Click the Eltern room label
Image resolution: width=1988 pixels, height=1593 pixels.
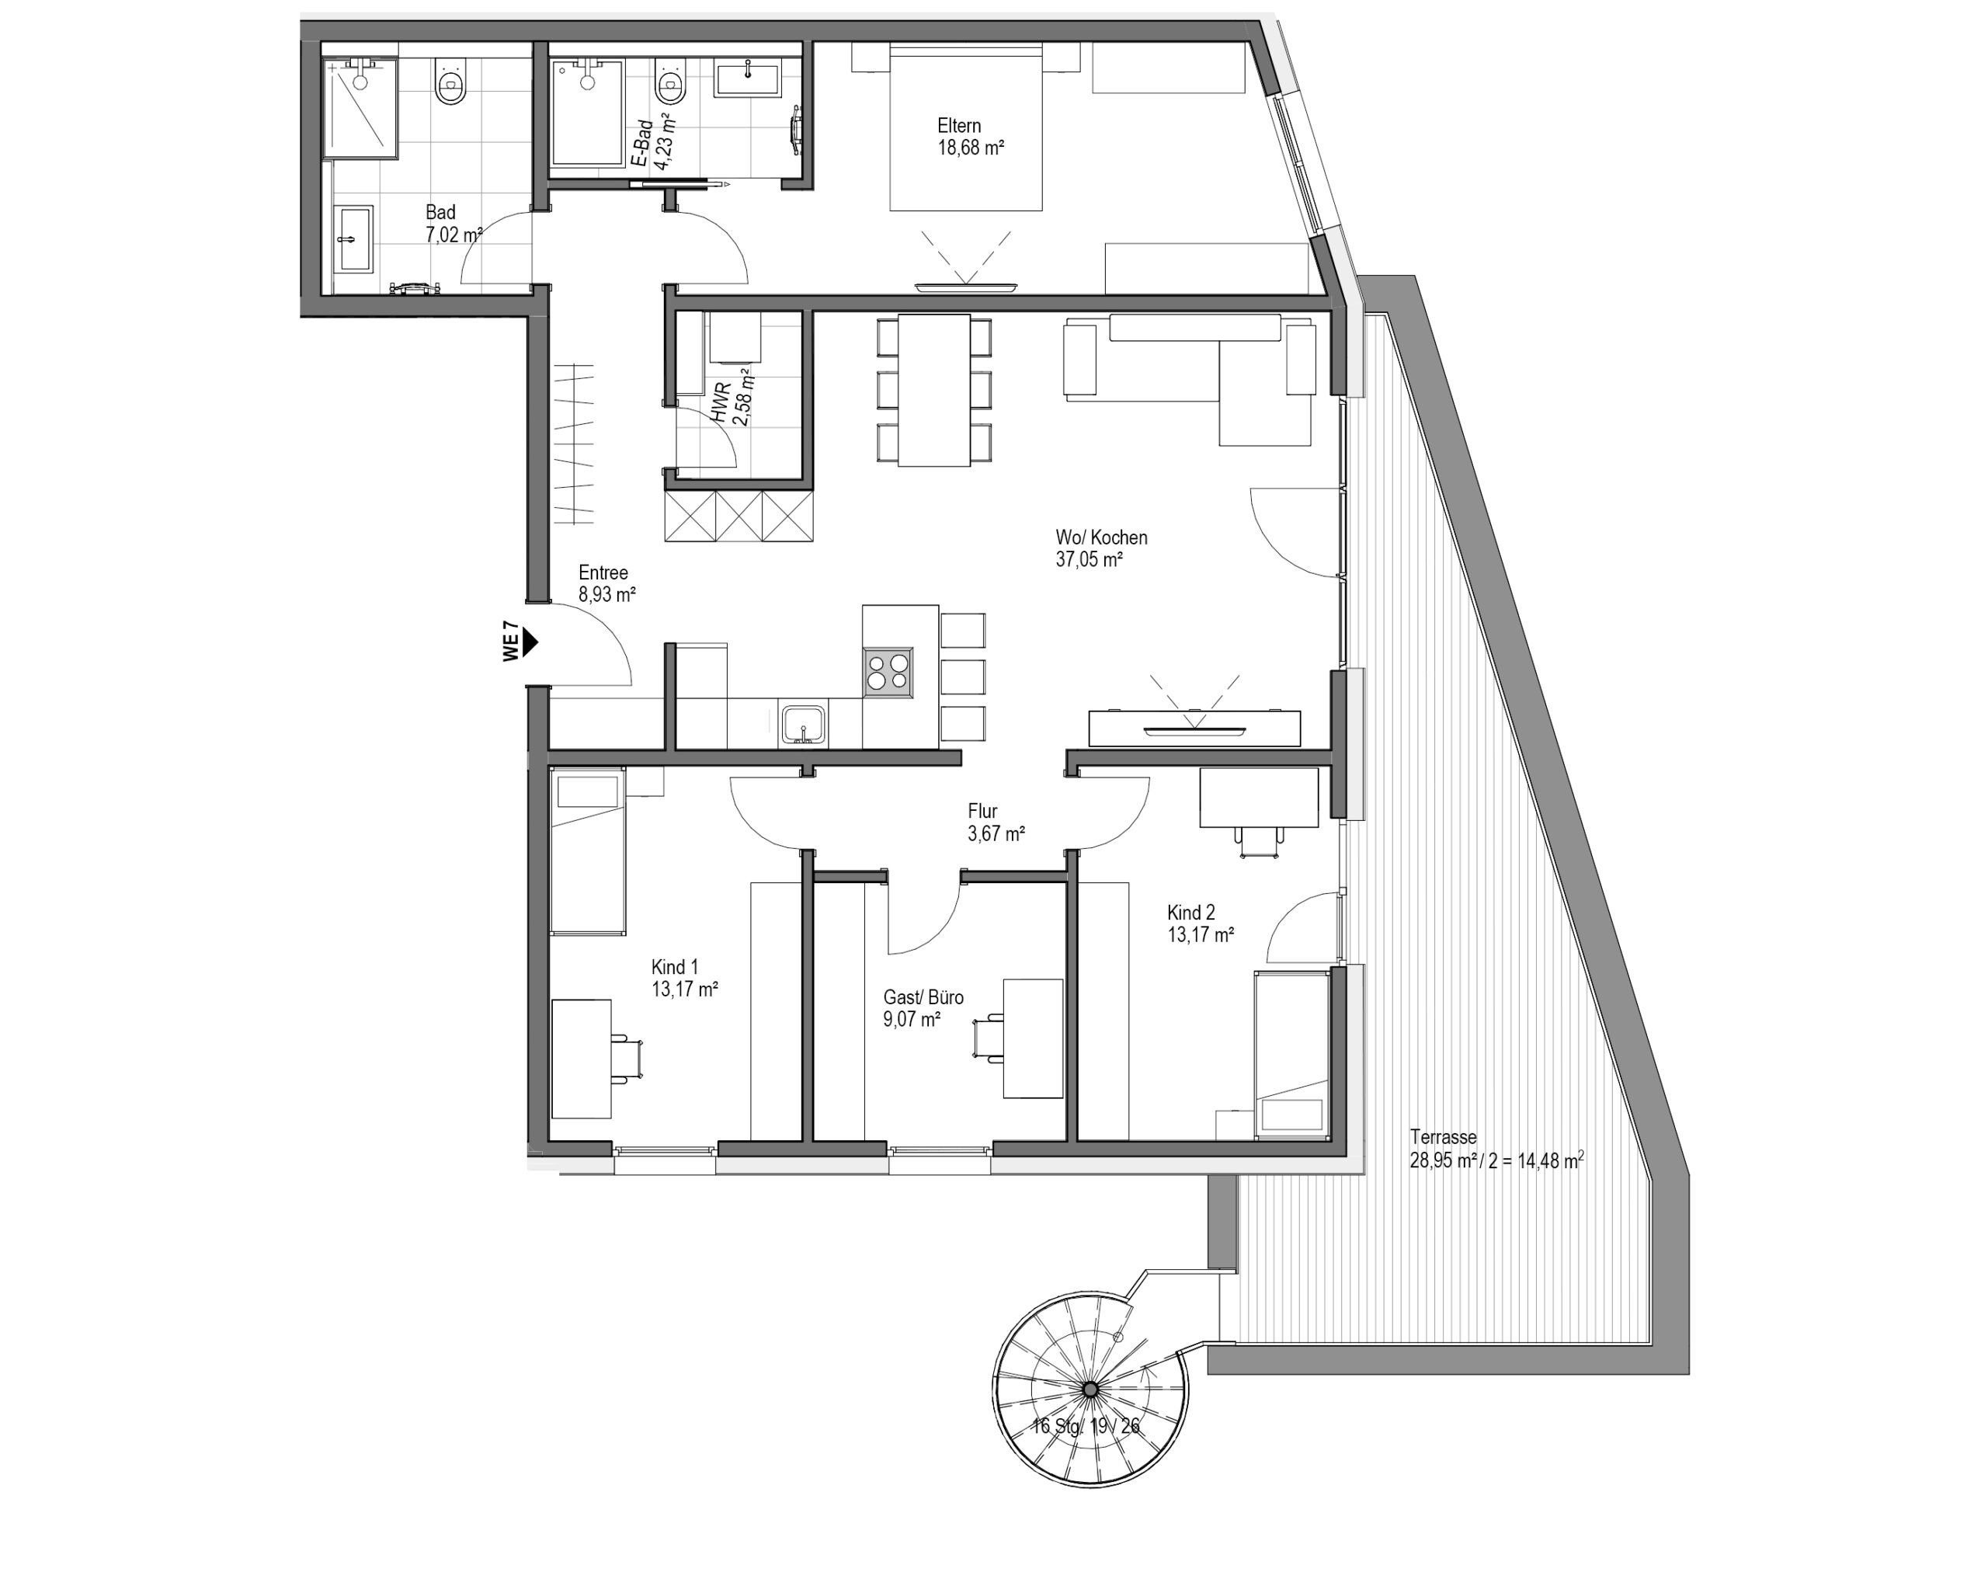(x=959, y=126)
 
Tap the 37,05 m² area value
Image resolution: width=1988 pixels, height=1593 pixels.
(x=1089, y=559)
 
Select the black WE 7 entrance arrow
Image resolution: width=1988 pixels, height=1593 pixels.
(x=530, y=643)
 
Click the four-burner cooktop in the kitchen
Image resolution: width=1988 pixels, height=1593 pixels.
(x=888, y=672)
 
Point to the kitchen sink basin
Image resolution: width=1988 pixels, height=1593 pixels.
(x=804, y=724)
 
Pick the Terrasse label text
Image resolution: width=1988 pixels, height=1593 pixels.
(x=1443, y=1137)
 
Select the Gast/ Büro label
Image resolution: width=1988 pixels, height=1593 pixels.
(x=923, y=997)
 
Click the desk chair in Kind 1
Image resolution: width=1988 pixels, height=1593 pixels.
(x=626, y=1058)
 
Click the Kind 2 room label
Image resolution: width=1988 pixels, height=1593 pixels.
(x=1191, y=913)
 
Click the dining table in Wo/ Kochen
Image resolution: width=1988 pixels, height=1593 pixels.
(x=934, y=390)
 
